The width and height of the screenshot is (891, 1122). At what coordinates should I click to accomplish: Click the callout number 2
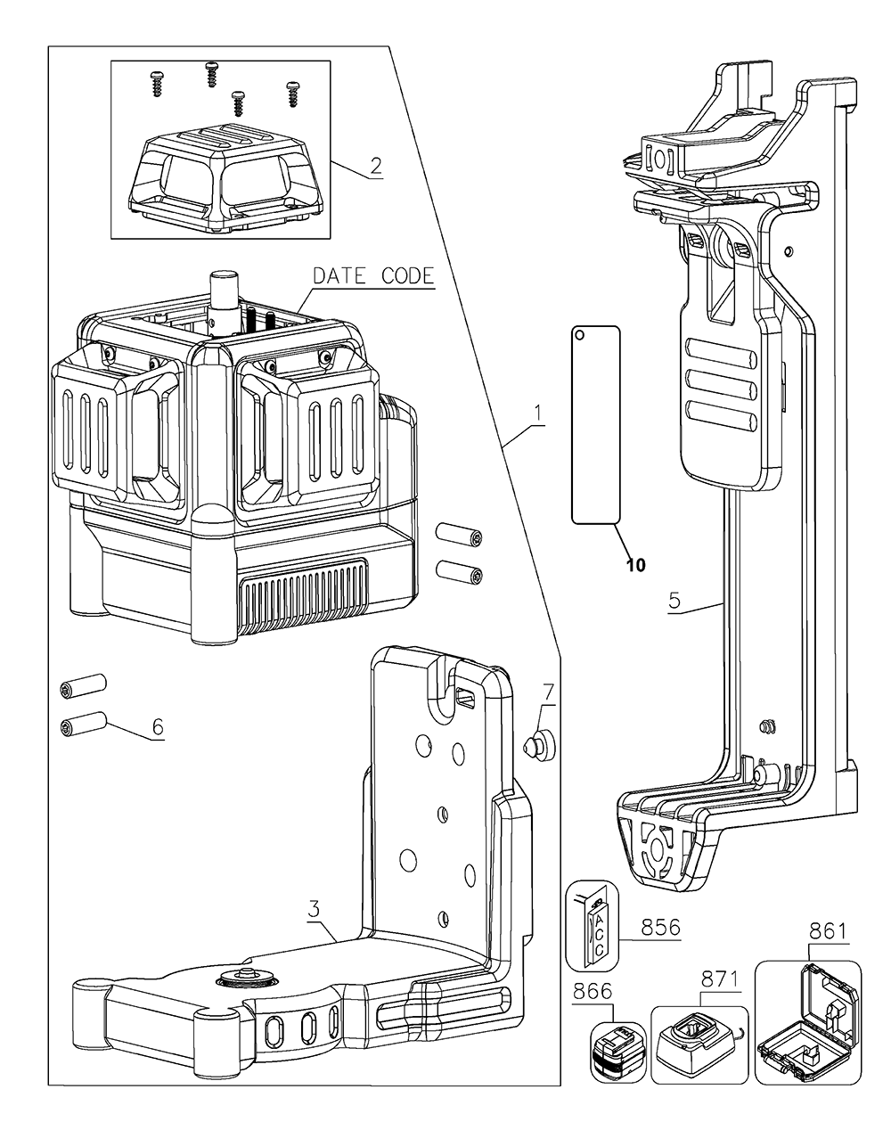point(376,165)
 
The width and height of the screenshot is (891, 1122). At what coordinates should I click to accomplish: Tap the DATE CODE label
point(372,275)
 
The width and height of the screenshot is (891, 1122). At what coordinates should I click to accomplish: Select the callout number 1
point(537,413)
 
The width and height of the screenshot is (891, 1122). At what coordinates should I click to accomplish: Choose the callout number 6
point(158,726)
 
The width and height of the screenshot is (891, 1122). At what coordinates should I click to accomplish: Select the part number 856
point(658,927)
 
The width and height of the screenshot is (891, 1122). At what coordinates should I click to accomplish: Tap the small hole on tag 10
point(580,335)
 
